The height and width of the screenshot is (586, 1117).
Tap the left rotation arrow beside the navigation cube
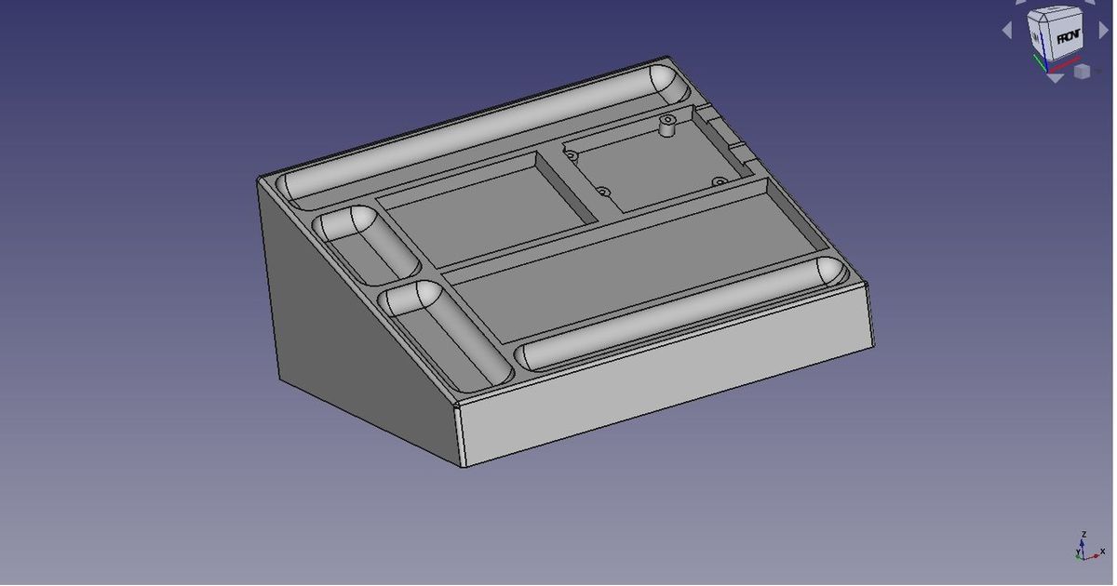1006,31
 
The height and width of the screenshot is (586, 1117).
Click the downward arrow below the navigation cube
1054,79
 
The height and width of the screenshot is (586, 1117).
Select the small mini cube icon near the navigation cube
1082,71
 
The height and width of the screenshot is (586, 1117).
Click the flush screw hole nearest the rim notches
718,180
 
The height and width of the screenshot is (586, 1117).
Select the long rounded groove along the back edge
484,130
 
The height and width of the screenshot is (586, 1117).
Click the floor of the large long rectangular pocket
633,265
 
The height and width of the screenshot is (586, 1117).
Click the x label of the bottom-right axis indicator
1102,552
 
